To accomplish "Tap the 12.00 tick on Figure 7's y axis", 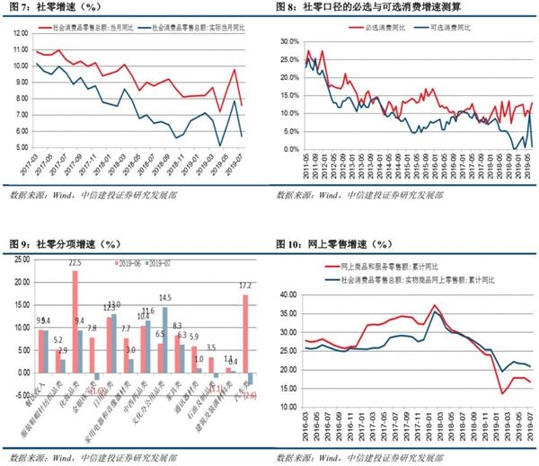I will pos(21,33).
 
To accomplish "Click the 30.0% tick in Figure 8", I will pos(287,42).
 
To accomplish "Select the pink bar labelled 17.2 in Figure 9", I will pos(245,333).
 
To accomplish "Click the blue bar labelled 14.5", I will pos(164,340).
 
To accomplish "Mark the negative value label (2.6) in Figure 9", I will pos(251,396).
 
